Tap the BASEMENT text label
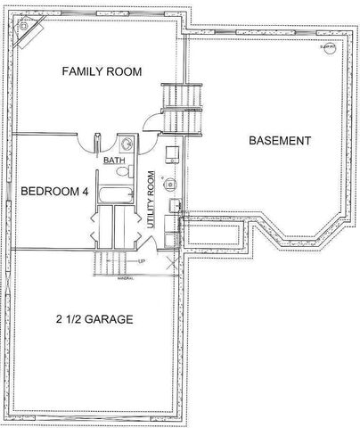pyautogui.click(x=279, y=141)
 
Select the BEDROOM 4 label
pyautogui.click(x=53, y=191)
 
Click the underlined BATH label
pyautogui.click(x=114, y=160)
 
